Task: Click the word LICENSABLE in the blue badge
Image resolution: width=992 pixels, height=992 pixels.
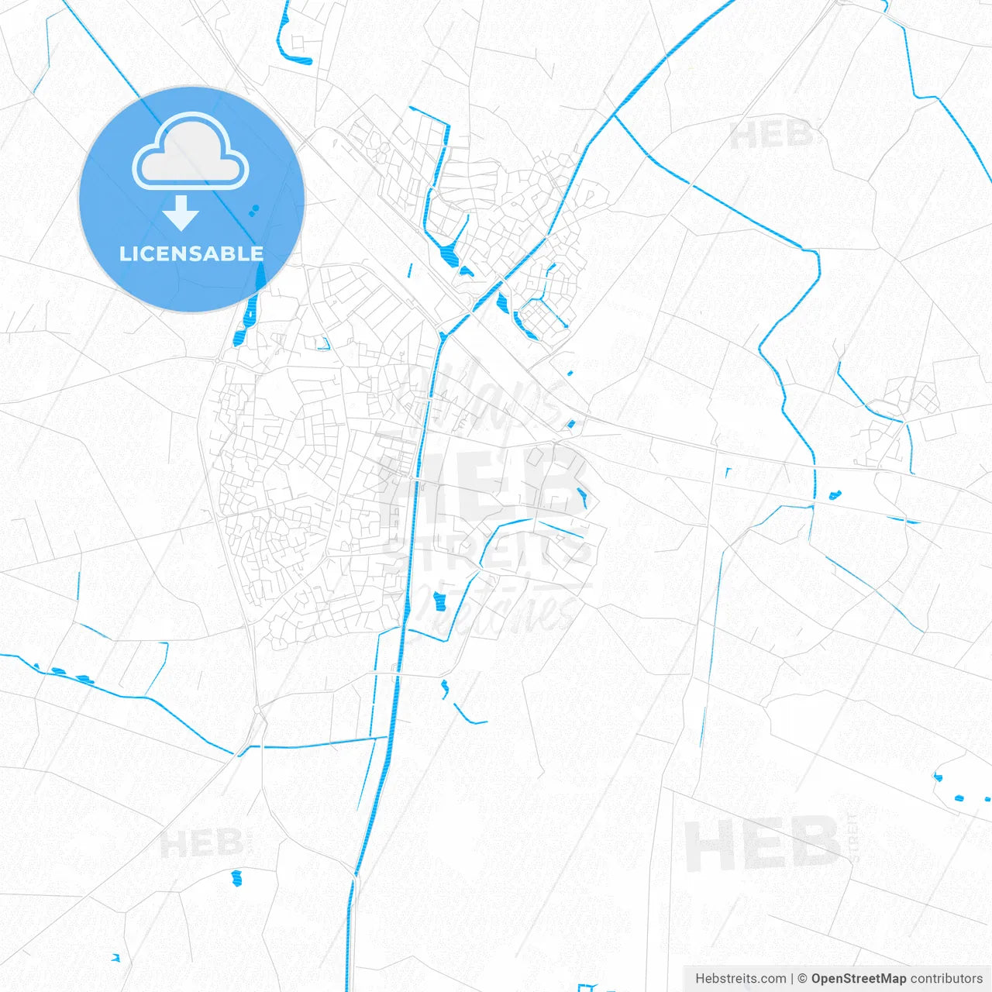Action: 191,253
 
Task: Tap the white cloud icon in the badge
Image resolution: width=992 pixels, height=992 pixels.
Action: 191,153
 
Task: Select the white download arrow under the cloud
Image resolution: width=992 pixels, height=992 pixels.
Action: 181,213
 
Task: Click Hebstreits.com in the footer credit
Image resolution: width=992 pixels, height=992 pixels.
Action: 740,979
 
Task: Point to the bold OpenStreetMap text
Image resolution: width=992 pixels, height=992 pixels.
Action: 858,979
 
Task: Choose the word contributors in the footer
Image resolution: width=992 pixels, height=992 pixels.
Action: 946,979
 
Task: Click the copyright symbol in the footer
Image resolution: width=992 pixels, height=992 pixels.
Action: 802,979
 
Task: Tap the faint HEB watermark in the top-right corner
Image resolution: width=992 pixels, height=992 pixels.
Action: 770,136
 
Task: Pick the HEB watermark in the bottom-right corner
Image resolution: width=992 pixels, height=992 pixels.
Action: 761,845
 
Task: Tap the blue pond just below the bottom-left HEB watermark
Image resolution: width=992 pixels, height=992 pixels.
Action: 236,878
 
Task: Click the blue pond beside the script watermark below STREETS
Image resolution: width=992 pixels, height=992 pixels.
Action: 440,601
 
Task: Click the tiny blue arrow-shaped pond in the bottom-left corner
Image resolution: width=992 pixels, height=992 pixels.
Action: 115,958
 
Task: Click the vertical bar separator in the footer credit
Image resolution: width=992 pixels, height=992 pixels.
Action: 792,979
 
